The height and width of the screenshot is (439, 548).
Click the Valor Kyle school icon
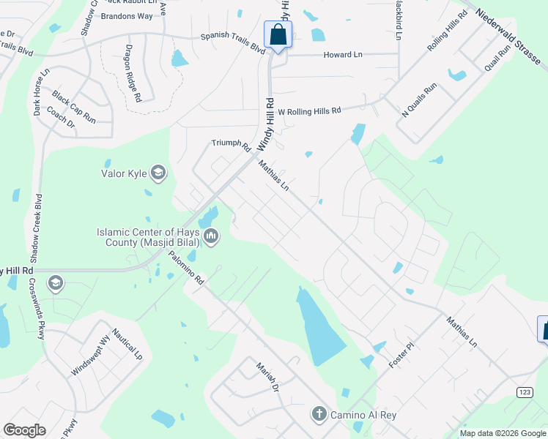(158, 173)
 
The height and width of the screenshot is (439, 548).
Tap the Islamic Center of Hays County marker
(211, 236)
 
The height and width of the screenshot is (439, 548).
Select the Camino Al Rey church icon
(319, 414)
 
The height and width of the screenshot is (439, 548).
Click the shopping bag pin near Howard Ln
(278, 34)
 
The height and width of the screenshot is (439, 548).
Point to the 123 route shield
(524, 393)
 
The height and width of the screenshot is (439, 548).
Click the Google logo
(24, 430)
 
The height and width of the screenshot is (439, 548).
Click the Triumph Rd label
(231, 144)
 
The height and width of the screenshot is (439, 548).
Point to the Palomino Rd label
(185, 268)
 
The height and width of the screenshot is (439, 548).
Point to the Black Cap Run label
(74, 106)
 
